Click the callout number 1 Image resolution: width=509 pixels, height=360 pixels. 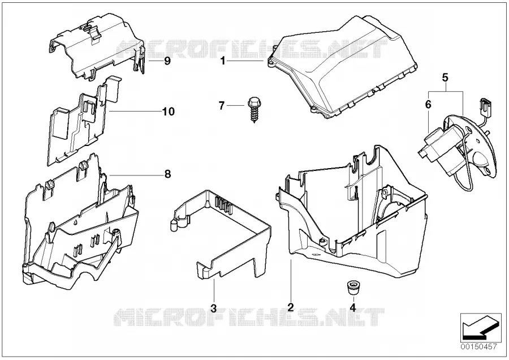[x=223, y=61]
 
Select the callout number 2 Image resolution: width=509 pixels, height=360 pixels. [x=291, y=307]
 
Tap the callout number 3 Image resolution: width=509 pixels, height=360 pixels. [x=213, y=308]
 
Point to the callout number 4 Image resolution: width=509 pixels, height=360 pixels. [x=353, y=307]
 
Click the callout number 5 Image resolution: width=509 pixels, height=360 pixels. [x=445, y=78]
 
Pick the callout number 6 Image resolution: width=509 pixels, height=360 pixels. [x=428, y=105]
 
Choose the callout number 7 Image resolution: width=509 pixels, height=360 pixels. [x=222, y=106]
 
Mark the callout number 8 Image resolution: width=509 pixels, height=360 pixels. [x=167, y=174]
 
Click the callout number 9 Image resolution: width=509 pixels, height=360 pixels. [x=167, y=61]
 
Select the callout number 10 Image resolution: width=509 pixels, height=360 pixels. [x=169, y=112]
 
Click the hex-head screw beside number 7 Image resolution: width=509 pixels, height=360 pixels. [x=253, y=109]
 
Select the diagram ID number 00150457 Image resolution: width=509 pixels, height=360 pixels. [x=479, y=347]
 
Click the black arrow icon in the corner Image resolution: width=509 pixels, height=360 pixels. [x=478, y=328]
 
